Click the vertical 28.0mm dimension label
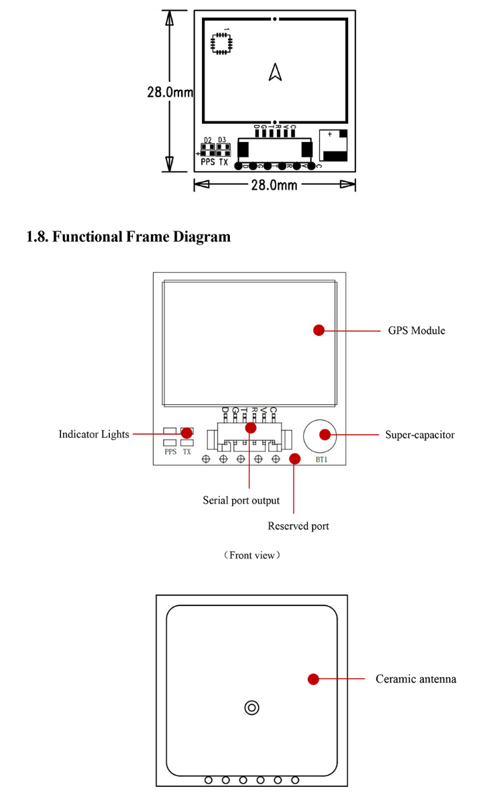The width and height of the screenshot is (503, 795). [170, 92]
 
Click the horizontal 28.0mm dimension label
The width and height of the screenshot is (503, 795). [274, 185]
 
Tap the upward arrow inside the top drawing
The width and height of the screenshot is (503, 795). [275, 72]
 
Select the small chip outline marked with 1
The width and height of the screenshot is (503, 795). [220, 42]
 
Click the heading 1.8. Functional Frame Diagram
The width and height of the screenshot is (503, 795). [128, 237]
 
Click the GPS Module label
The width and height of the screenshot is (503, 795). [416, 330]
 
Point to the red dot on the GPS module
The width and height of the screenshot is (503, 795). [319, 330]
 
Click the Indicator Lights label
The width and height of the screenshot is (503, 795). [94, 434]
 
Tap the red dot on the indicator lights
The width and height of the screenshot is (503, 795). [186, 434]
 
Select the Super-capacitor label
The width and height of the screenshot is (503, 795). [420, 435]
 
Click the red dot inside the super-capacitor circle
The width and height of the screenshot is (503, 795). [325, 434]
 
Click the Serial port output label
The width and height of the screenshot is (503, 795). [241, 500]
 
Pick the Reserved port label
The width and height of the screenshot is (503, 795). [298, 526]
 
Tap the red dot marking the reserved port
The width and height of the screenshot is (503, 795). [294, 458]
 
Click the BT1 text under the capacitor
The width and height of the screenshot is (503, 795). [321, 461]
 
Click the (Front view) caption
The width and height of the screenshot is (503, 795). [252, 555]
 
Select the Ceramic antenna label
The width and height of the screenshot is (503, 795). [416, 679]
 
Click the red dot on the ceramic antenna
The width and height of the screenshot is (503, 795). [313, 679]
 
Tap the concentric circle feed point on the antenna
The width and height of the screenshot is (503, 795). [251, 707]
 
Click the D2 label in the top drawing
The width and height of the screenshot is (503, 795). [208, 140]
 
